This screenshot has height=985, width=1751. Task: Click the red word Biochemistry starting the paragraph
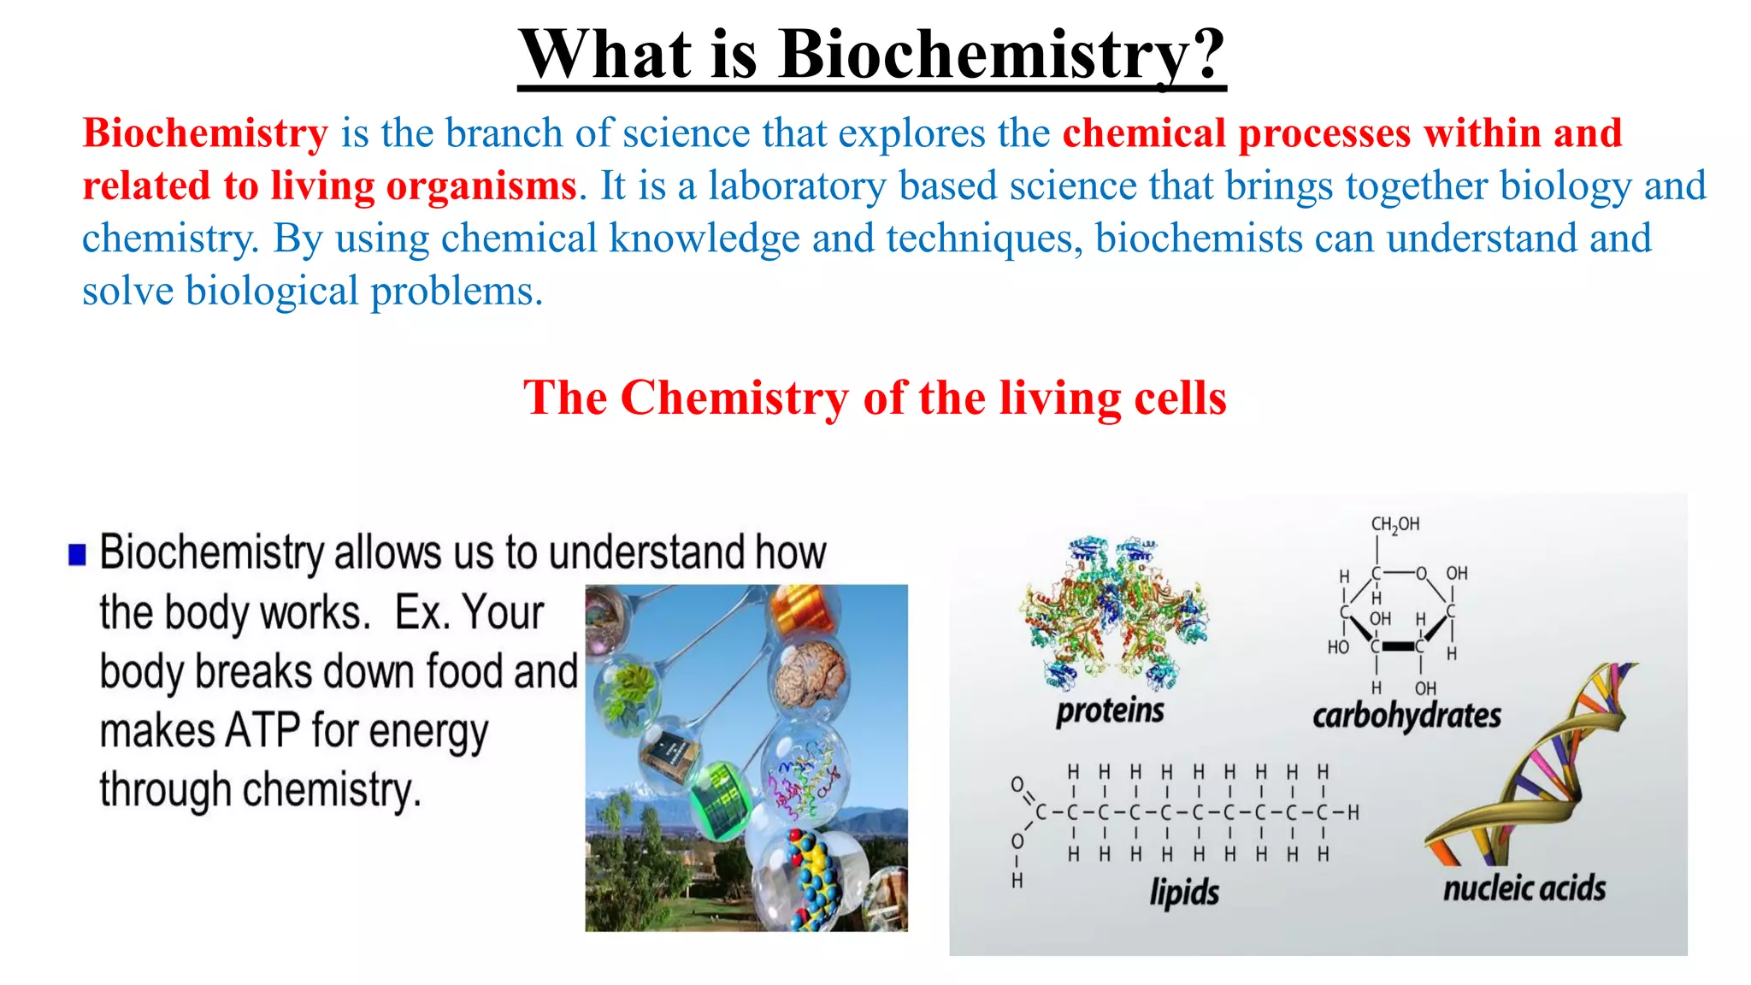205,134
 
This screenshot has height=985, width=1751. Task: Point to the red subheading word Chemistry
734,398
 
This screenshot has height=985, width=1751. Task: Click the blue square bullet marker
78,555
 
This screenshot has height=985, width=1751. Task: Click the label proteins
1110,711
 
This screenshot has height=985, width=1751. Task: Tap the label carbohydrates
1406,716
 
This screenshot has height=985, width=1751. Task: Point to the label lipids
1184,892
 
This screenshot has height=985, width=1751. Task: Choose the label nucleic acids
1524,888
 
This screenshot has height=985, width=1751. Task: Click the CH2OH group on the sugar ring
1394,524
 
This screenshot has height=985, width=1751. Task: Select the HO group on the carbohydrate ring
1338,647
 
